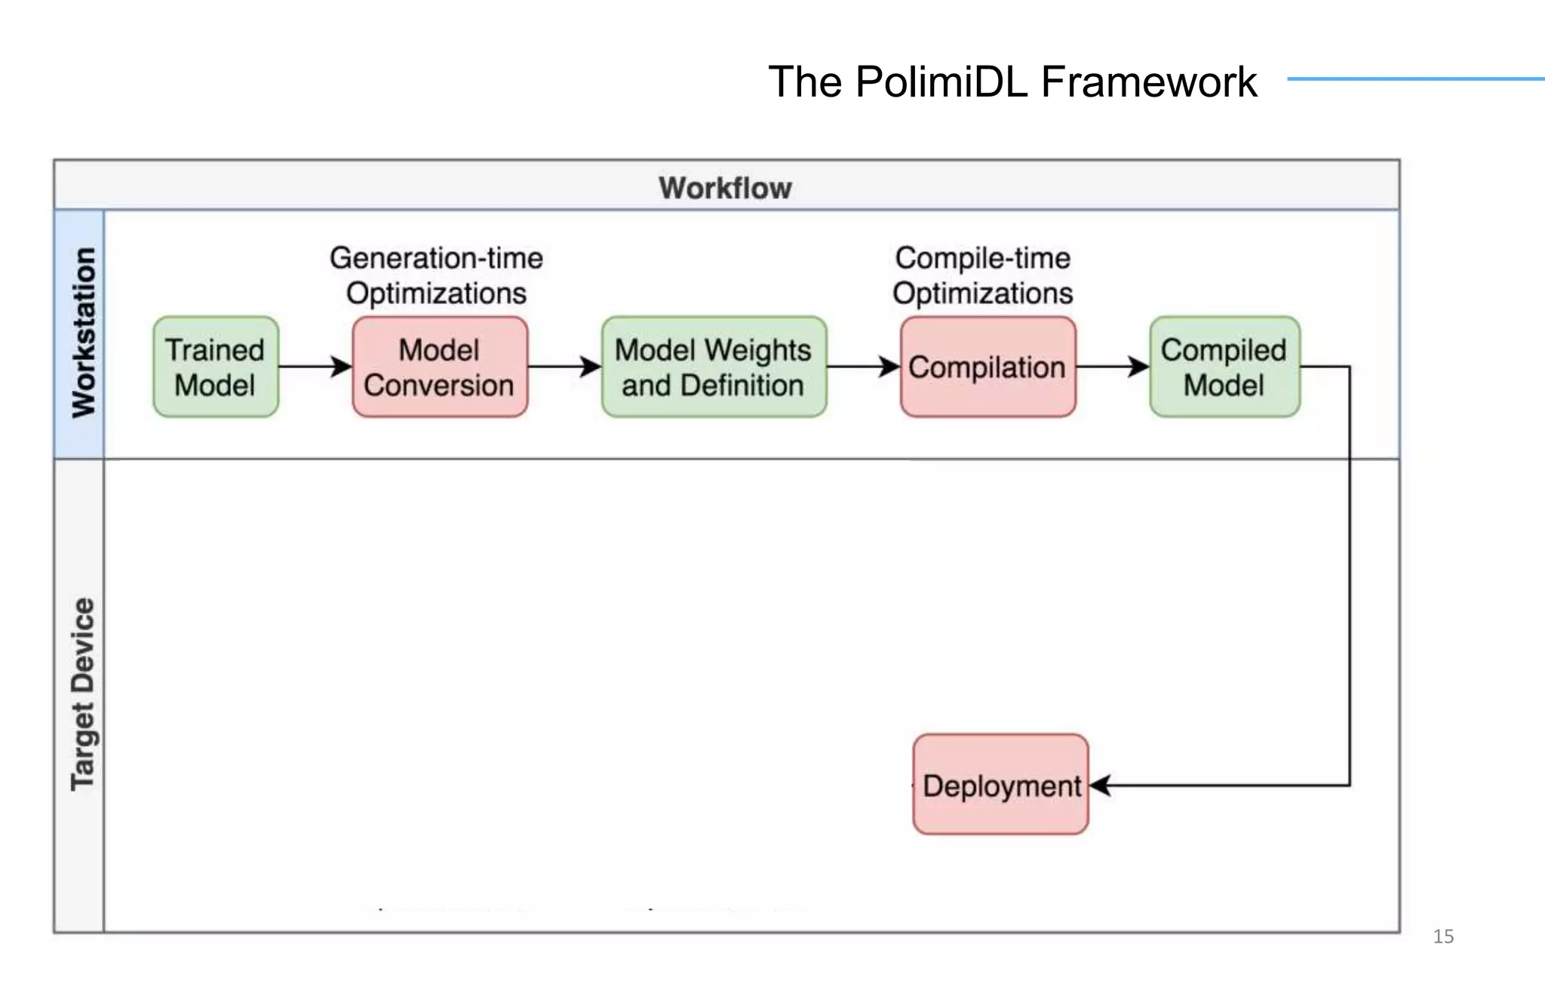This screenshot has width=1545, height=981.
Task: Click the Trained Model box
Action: pos(216,367)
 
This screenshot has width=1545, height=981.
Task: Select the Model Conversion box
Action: pos(440,367)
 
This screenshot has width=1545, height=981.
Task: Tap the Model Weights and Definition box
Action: pos(714,367)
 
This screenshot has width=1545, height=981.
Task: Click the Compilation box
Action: pos(988,367)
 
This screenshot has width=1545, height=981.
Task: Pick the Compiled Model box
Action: pos(1224,367)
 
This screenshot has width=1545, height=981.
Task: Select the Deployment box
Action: pos(1000,785)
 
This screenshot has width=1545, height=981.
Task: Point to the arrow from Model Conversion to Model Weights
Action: pos(564,367)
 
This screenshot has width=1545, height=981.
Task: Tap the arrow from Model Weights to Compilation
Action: pos(863,367)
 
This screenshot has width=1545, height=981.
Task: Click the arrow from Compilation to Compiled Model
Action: pos(1112,367)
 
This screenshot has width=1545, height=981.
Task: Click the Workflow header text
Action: pos(725,187)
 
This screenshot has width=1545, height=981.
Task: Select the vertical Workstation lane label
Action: pos(83,333)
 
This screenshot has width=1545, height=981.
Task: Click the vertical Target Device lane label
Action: pos(83,694)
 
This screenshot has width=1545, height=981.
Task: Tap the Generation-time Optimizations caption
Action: pos(436,275)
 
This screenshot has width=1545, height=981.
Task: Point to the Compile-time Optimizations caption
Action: pos(982,275)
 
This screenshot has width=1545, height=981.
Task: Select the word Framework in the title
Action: pos(1148,81)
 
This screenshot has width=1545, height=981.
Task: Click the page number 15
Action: pos(1442,936)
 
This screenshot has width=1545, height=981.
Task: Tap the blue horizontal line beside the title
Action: pos(1414,78)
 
